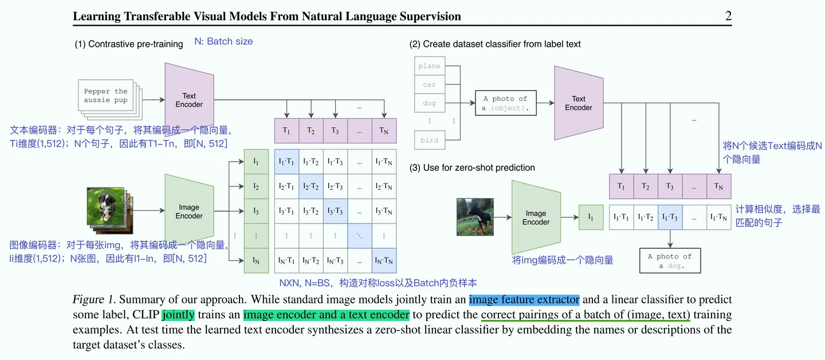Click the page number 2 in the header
[x=728, y=16]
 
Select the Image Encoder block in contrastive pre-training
[x=189, y=212]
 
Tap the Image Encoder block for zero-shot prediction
[x=536, y=218]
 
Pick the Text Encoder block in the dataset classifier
[x=578, y=103]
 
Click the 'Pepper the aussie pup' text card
[x=105, y=96]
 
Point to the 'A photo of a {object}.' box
[x=505, y=103]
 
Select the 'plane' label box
[x=429, y=66]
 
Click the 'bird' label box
[x=429, y=140]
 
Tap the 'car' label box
[x=429, y=85]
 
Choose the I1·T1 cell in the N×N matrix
[x=286, y=162]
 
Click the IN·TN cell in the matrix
[x=383, y=261]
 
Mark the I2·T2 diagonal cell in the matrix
[x=311, y=186]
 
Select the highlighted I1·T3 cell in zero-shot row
[x=670, y=217]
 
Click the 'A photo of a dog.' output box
[x=670, y=261]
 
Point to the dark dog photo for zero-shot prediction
[x=475, y=217]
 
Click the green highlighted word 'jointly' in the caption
[x=178, y=315]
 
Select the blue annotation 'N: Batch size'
[x=223, y=41]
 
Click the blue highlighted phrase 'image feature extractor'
[x=524, y=300]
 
